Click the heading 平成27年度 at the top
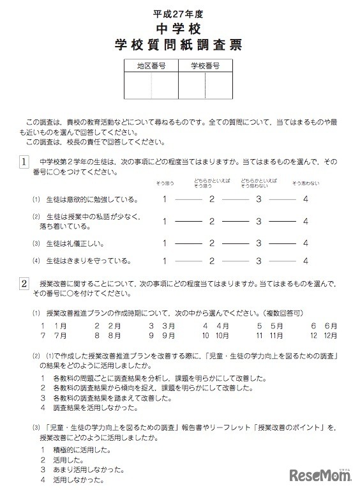tap(179, 13)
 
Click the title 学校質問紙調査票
tap(179, 47)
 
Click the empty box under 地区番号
tap(151, 87)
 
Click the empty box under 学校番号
tap(206, 87)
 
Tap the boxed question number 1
tap(23, 162)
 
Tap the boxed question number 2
tap(23, 283)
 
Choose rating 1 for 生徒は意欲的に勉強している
tap(165, 199)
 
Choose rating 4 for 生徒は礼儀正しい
tap(306, 243)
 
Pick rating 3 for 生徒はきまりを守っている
tap(259, 261)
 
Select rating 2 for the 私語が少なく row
tap(212, 222)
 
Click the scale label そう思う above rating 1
tap(165, 184)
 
